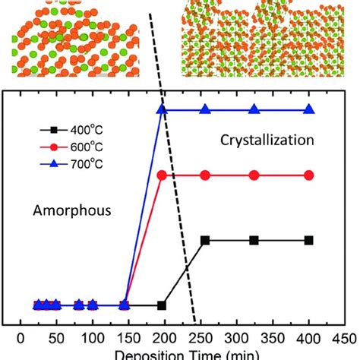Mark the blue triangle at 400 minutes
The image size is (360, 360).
coord(308,110)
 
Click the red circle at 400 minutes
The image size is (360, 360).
coord(308,175)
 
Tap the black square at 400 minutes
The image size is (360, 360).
coord(308,241)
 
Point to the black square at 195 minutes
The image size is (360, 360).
coord(162,305)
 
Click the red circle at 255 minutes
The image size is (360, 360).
coord(205,175)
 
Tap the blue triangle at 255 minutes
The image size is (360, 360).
coord(205,110)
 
